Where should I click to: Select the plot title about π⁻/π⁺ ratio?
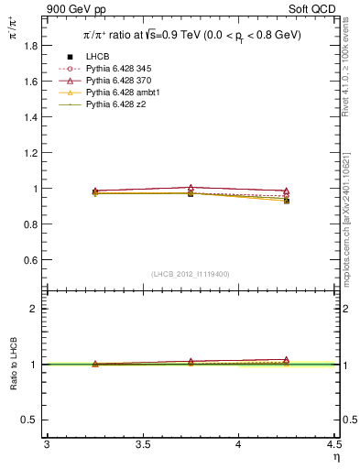[x=188, y=36]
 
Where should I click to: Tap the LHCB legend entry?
[x=98, y=58]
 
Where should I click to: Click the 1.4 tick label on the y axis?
[x=31, y=116]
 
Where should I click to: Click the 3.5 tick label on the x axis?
[x=142, y=445]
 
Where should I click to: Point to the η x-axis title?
[x=335, y=457]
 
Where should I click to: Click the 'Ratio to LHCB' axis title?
[x=14, y=365]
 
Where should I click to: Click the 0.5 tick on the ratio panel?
[x=31, y=420]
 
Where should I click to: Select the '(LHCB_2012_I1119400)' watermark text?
[x=190, y=274]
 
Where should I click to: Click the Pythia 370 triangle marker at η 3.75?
[x=191, y=187]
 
